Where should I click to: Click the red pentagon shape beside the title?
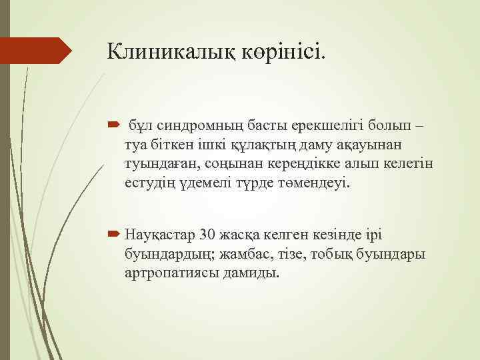point(36,51)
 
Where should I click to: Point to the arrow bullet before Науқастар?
point(111,235)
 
